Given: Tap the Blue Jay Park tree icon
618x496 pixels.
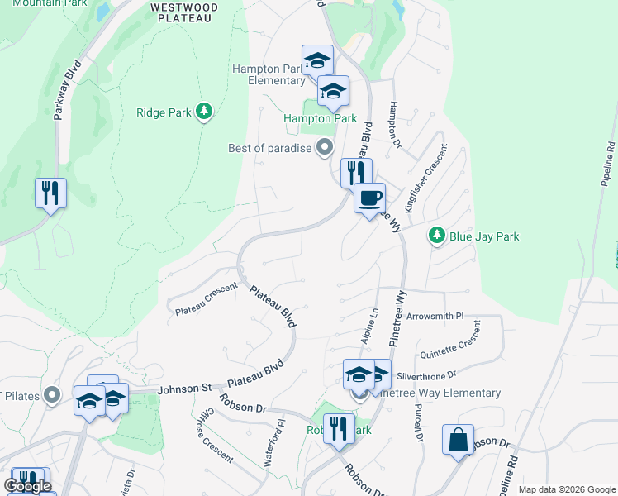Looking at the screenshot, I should pos(437,236).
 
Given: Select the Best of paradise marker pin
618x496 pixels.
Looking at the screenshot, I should pos(325,149).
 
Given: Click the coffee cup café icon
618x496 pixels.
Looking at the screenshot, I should pos(370,198).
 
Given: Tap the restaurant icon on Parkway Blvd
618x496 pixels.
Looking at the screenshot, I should pos(50,193).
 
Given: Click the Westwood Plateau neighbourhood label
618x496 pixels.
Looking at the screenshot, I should pos(185,12).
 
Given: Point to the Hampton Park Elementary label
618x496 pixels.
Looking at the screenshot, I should pos(269,74).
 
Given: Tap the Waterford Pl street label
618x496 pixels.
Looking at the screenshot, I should pos(274,446).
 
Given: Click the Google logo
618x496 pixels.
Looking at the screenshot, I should pos(28,486).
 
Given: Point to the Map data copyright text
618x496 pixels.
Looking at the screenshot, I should pos(566,489).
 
